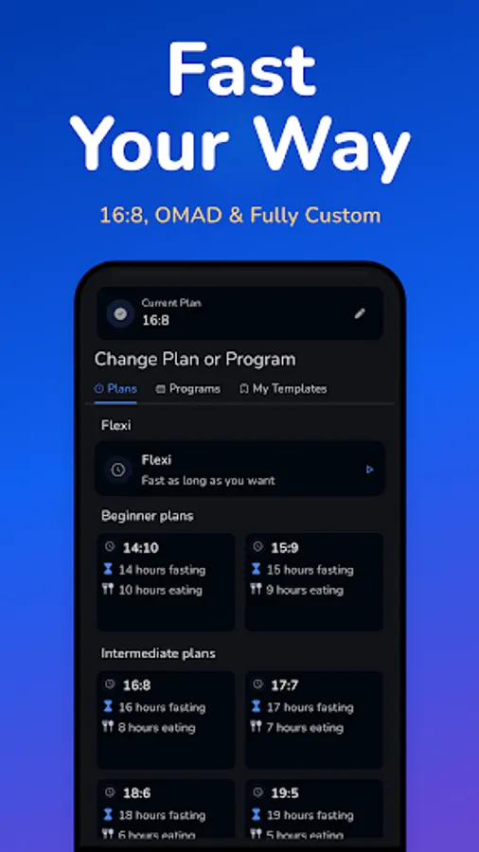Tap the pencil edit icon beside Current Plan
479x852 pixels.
pyautogui.click(x=360, y=314)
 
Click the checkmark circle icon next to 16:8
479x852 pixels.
pyautogui.click(x=120, y=313)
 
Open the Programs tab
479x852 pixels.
pyautogui.click(x=188, y=389)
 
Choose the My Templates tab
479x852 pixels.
pyautogui.click(x=283, y=389)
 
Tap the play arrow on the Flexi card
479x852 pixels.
pyautogui.click(x=369, y=469)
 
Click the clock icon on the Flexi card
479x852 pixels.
pyautogui.click(x=118, y=469)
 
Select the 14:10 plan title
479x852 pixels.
pyautogui.click(x=140, y=548)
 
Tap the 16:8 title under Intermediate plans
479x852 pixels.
pyautogui.click(x=136, y=685)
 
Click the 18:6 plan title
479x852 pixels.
pyautogui.click(x=137, y=793)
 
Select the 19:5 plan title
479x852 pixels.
pyautogui.click(x=285, y=793)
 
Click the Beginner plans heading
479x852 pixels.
pyautogui.click(x=147, y=516)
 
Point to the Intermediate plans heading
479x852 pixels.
pyautogui.click(x=158, y=653)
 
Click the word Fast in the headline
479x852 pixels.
pyautogui.click(x=240, y=71)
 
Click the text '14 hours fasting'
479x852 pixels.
pyautogui.click(x=162, y=570)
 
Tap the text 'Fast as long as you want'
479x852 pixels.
pyautogui.click(x=208, y=480)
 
